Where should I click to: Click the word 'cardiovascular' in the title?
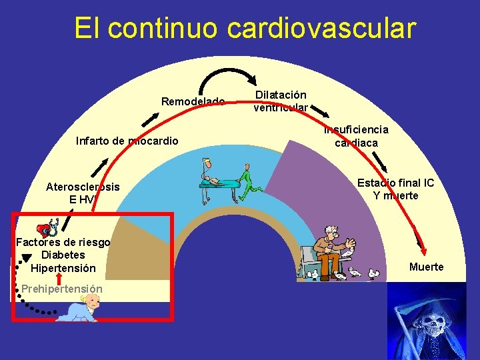click(321, 29)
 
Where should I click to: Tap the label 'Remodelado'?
click(193, 101)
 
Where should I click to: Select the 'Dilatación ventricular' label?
click(280, 101)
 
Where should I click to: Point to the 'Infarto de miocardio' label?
click(127, 141)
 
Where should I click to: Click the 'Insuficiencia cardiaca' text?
click(356, 136)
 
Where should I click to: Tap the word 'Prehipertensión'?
click(61, 289)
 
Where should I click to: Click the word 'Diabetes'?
click(63, 255)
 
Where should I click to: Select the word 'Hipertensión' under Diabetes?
click(63, 268)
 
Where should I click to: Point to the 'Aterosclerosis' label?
click(83, 187)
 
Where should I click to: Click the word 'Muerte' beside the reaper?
click(426, 267)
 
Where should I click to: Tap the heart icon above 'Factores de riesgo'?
click(45, 229)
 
